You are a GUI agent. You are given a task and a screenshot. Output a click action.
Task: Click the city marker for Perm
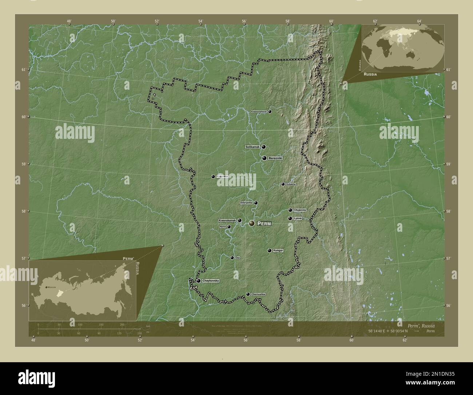[x=251, y=223]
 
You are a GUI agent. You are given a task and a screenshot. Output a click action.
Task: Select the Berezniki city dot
[x=264, y=158]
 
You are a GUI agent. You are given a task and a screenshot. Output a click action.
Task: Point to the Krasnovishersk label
[x=259, y=112]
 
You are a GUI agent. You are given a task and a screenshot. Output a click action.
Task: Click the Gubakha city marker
[x=283, y=184]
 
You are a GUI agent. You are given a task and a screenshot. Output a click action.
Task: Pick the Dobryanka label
[x=246, y=203]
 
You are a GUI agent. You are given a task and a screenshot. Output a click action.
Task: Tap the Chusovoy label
[x=300, y=210]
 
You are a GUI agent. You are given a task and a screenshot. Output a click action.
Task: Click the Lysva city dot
[x=290, y=219]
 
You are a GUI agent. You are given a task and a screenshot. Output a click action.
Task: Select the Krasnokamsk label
[x=227, y=220]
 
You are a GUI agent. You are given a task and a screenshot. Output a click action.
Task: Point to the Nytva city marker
[x=229, y=227]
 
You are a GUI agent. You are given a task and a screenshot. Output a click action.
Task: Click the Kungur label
[x=278, y=251]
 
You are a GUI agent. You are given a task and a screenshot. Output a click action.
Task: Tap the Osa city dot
[x=232, y=258]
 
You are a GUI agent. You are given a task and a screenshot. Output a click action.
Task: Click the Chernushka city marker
[x=248, y=294]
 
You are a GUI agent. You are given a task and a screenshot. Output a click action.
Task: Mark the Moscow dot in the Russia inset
[x=46, y=287]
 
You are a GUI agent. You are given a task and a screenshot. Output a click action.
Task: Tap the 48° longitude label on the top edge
[x=69, y=21]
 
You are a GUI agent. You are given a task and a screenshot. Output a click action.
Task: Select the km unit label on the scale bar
[x=148, y=326]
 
